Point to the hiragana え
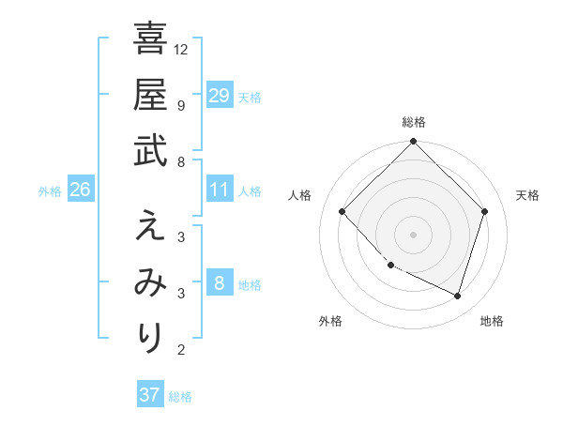click(x=150, y=225)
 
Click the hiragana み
click(x=150, y=281)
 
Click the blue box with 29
click(x=220, y=95)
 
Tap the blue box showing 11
click(x=220, y=190)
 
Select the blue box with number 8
click(x=220, y=283)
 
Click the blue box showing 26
click(x=81, y=190)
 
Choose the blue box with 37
click(x=150, y=395)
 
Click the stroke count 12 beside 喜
click(x=182, y=49)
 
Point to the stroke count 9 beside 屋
click(x=181, y=106)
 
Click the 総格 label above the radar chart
click(x=414, y=122)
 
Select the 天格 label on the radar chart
click(x=527, y=195)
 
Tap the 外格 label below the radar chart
click(x=330, y=322)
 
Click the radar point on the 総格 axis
click(x=414, y=143)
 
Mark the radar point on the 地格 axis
click(x=458, y=297)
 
